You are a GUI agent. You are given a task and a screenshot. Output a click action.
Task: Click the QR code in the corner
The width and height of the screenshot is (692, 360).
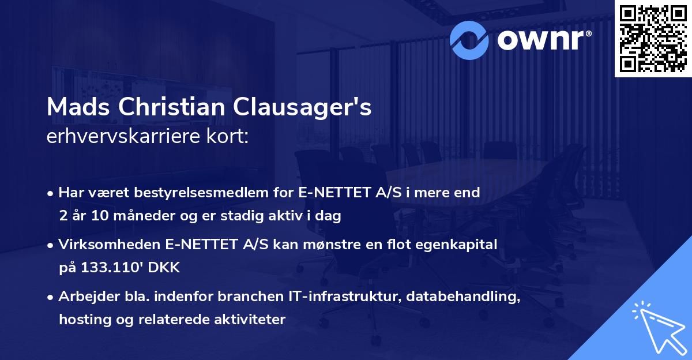coord(653,39)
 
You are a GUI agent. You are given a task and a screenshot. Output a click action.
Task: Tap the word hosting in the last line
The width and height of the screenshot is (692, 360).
coord(82,319)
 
